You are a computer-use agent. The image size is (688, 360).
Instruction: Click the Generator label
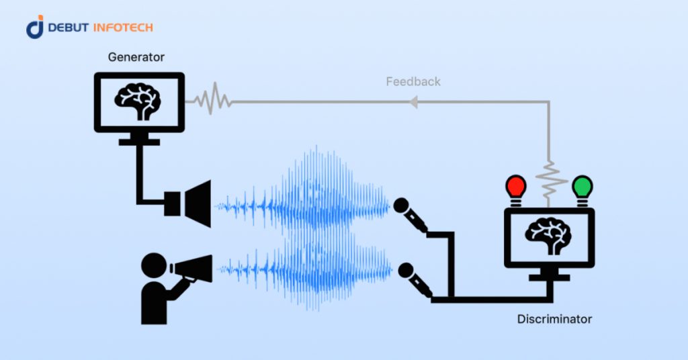click(x=136, y=57)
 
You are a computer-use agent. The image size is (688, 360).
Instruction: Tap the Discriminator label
click(x=554, y=319)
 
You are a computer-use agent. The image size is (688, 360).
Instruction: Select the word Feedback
click(x=413, y=82)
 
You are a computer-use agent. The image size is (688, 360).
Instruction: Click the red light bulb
click(x=516, y=187)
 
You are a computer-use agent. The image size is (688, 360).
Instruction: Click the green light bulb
click(x=582, y=187)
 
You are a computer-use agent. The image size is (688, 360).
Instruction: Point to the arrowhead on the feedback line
click(x=414, y=102)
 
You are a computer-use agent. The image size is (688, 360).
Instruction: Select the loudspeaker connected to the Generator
click(x=191, y=204)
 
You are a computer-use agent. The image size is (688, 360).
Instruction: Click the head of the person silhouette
click(x=154, y=265)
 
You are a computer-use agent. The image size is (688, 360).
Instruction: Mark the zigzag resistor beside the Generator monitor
click(x=212, y=101)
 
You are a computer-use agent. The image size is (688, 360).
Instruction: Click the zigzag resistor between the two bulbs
click(x=550, y=180)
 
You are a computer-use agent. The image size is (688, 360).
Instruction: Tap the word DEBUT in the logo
click(x=69, y=28)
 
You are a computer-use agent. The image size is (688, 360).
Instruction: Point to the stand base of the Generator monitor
click(x=139, y=142)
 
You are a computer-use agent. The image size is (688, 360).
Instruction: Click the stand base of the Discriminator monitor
click(x=550, y=277)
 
